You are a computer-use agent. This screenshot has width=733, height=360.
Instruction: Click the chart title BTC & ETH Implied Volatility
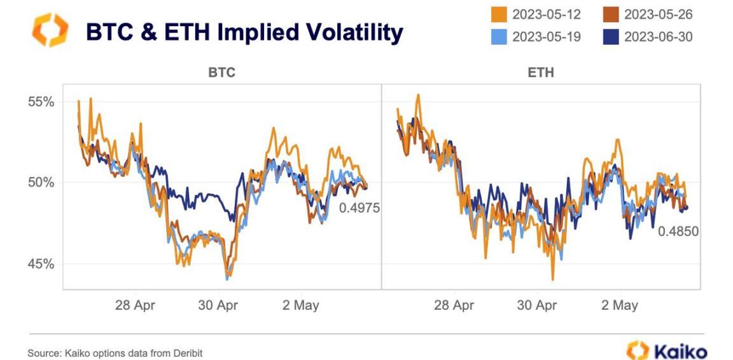pyautogui.click(x=244, y=32)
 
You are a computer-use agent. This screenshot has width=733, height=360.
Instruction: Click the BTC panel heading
pyautogui.click(x=221, y=73)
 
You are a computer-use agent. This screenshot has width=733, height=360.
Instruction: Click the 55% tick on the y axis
pyautogui.click(x=40, y=102)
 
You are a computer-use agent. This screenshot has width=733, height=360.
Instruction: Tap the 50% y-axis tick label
pyautogui.click(x=40, y=183)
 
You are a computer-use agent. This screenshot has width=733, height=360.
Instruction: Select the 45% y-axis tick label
pyautogui.click(x=40, y=263)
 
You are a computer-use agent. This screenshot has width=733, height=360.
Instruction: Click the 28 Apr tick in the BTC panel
pyautogui.click(x=135, y=305)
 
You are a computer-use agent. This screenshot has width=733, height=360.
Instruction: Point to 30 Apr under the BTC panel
pyautogui.click(x=218, y=305)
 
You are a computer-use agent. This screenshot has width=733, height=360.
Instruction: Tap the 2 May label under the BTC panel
pyautogui.click(x=300, y=305)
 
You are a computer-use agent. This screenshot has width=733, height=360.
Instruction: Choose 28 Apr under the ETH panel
pyautogui.click(x=454, y=305)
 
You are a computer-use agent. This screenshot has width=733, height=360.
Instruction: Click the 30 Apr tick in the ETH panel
pyautogui.click(x=536, y=305)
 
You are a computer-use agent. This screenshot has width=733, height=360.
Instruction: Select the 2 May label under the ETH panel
pyautogui.click(x=619, y=305)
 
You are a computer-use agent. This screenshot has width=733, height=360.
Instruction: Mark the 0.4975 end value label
pyautogui.click(x=359, y=207)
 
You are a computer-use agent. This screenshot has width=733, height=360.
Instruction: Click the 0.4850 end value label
pyautogui.click(x=678, y=232)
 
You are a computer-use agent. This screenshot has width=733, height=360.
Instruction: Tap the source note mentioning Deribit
pyautogui.click(x=115, y=352)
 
